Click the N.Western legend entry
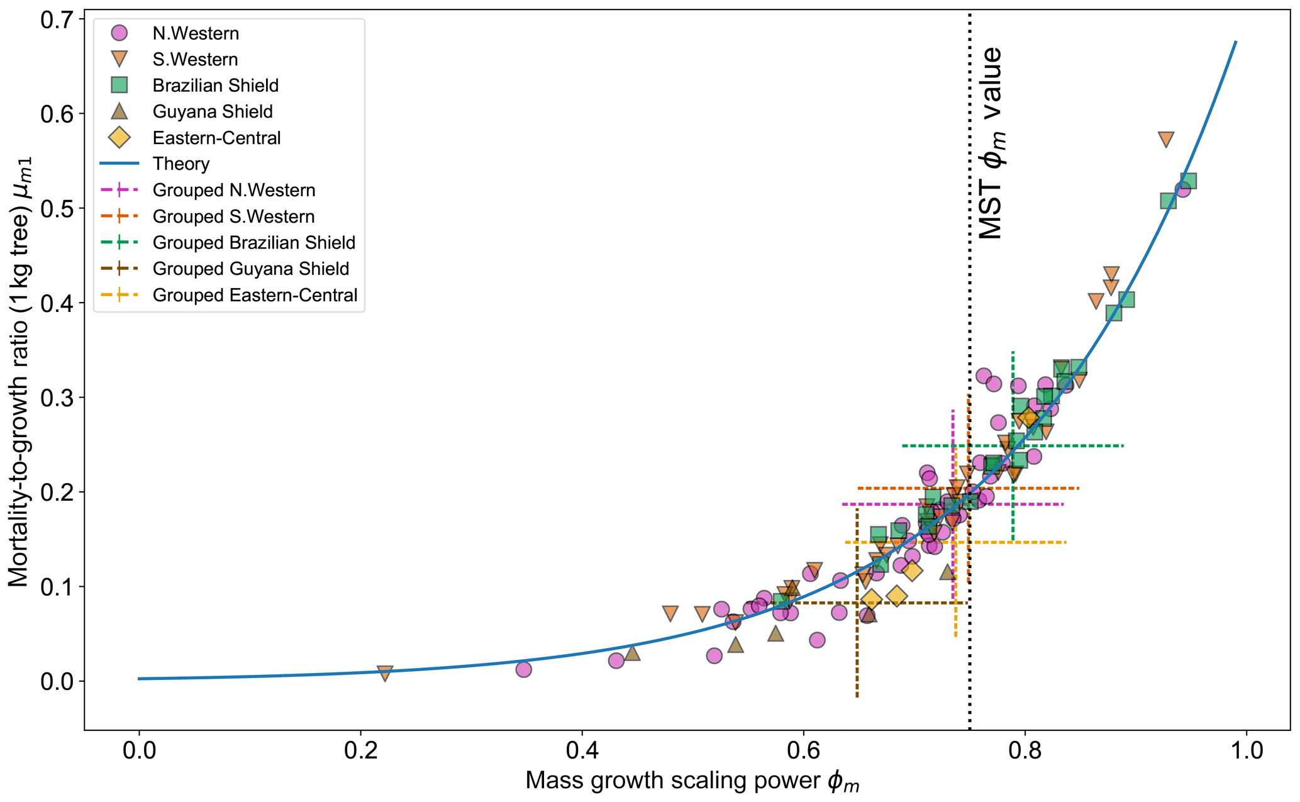[195, 33]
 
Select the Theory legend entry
[181, 164]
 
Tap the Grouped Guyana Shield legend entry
[250, 269]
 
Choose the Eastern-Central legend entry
[216, 138]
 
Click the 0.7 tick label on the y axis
[55, 19]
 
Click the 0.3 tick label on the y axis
[55, 398]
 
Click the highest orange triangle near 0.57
[1166, 139]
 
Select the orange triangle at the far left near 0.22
[385, 673]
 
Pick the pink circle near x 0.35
[524, 669]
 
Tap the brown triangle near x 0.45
[632, 653]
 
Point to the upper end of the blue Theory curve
[1235, 42]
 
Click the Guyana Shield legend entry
[212, 112]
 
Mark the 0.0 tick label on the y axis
[55, 681]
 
